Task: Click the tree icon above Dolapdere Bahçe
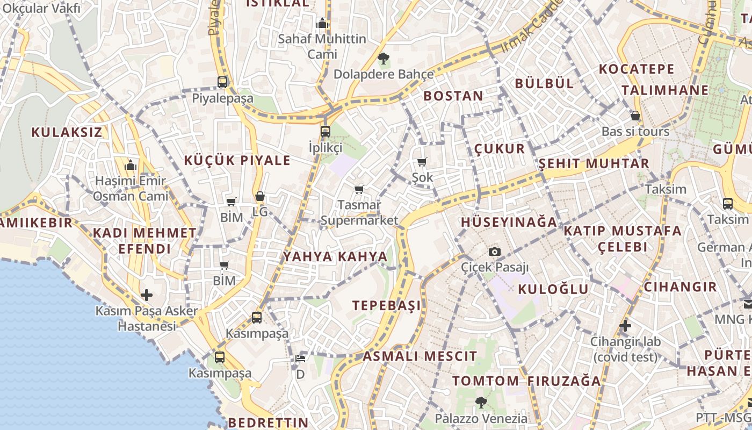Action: (383, 59)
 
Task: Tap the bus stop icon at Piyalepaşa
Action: (222, 82)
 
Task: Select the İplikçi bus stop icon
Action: (326, 132)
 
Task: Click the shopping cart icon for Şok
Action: (422, 162)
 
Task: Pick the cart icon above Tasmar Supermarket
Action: (359, 189)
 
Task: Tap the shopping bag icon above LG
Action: (260, 197)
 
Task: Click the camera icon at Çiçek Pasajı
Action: (495, 252)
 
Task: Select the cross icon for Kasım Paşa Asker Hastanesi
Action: (147, 295)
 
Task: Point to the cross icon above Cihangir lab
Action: (625, 326)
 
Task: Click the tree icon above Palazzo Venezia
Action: (481, 402)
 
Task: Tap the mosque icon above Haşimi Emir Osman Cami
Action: (131, 165)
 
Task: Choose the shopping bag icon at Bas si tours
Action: (635, 116)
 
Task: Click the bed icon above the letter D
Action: (300, 359)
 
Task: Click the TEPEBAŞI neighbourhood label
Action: (387, 305)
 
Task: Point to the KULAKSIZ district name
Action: (67, 132)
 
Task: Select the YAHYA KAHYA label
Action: (335, 256)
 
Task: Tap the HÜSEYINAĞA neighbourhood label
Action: (509, 221)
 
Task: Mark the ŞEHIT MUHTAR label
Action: (594, 163)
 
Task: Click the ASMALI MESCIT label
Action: (420, 356)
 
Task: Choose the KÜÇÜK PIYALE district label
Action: (237, 160)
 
